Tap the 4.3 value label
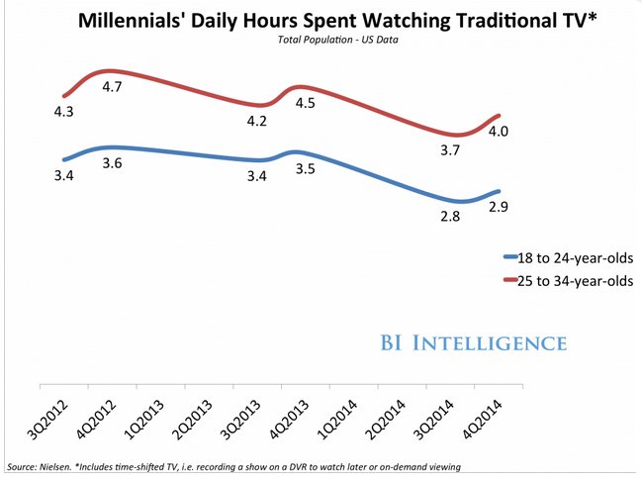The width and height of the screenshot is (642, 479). pos(65,115)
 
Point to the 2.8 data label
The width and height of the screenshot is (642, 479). pos(451,217)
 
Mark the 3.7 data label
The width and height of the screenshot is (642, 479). pos(451,148)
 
